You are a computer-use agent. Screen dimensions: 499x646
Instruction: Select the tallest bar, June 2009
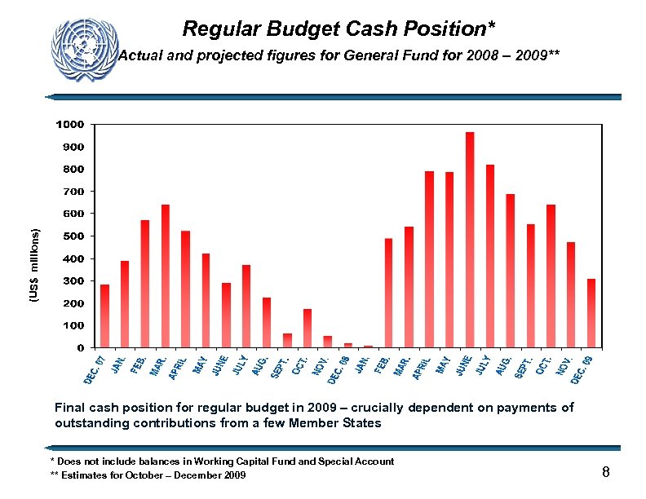click(x=470, y=240)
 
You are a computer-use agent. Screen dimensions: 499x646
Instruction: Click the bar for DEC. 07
click(x=104, y=316)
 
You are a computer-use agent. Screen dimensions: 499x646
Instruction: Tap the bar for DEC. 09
click(x=591, y=313)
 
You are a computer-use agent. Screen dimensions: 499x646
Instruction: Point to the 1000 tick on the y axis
click(x=70, y=125)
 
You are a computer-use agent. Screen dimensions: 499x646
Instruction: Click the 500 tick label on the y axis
click(x=73, y=236)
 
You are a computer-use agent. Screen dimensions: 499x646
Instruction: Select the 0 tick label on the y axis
click(x=80, y=348)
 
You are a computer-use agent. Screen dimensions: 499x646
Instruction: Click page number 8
click(x=606, y=472)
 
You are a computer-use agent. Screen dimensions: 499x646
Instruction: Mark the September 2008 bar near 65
click(x=287, y=341)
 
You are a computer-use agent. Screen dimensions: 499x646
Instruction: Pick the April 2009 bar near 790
click(x=429, y=259)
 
